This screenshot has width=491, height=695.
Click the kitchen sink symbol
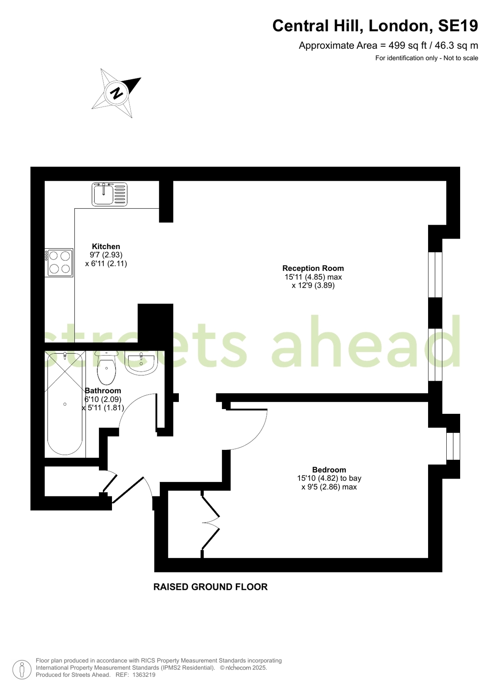pos(109,194)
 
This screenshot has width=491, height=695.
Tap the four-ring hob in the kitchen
pos(59,263)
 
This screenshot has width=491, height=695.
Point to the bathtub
pos(65,404)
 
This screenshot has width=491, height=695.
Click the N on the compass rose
pos(117,93)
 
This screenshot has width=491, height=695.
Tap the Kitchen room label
pos(106,246)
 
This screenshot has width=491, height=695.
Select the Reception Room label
pos(313,268)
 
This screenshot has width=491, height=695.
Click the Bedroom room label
pos(329,470)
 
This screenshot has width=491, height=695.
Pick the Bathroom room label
pos(103,391)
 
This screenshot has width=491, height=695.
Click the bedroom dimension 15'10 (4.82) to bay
pos(329,479)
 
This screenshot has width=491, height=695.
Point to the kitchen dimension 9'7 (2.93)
pos(106,255)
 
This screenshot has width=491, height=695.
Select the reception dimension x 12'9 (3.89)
pos(313,285)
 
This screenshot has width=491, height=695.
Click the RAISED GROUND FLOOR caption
pos(211,587)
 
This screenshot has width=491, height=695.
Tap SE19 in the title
pos(458,26)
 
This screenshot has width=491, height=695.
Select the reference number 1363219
pos(144,675)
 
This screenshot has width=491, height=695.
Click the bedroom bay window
pos(453,446)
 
